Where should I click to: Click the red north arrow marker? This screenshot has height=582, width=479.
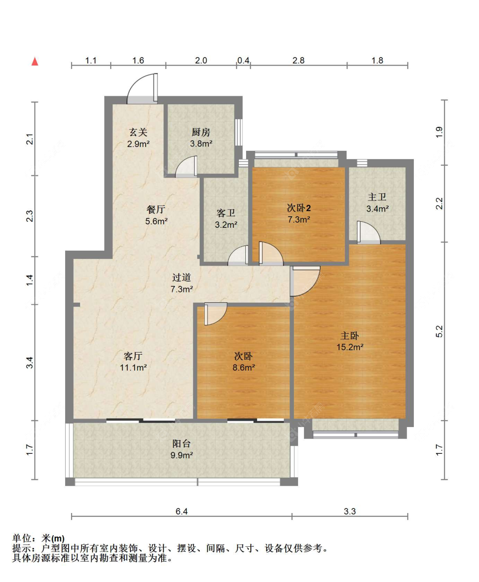[35, 62]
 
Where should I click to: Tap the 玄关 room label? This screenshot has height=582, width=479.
[138, 132]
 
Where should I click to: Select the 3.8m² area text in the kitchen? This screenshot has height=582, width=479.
[201, 144]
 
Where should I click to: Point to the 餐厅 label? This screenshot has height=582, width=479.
[156, 209]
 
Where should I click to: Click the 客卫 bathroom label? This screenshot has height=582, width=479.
[226, 213]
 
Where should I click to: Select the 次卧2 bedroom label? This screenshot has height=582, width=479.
[298, 208]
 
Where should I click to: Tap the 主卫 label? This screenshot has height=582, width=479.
[377, 197]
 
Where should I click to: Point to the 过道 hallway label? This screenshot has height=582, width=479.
[181, 278]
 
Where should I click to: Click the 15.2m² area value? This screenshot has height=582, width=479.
[350, 347]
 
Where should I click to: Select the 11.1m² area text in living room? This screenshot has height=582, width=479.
[133, 367]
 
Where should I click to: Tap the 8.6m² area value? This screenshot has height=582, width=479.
[244, 367]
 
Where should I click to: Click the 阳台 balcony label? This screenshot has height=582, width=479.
[181, 444]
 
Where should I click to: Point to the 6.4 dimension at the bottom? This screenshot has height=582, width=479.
[182, 511]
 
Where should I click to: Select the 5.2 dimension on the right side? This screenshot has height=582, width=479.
[439, 331]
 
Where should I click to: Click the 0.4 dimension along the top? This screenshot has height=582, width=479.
[244, 60]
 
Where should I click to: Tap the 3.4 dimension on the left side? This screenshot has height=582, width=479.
[29, 363]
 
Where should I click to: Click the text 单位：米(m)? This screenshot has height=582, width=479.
[39, 539]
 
